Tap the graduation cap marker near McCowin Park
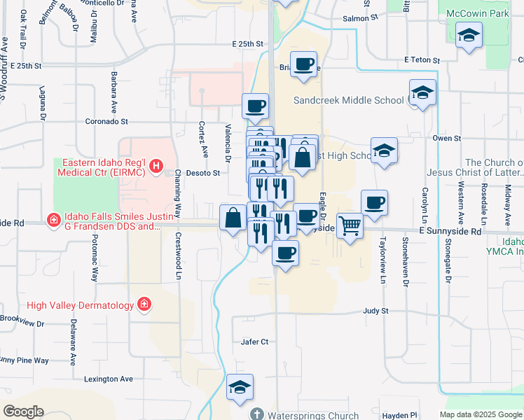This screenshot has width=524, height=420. point(469,35)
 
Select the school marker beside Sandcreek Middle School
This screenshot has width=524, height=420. point(422,92)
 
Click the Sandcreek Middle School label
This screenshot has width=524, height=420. point(348,100)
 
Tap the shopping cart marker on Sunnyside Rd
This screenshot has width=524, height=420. point(350,226)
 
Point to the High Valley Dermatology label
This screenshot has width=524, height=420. point(80,305)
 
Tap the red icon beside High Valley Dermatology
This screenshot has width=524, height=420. point(144,304)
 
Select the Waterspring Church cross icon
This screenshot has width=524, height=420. point(257,414)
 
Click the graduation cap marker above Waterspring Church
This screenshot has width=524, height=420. point(240,387)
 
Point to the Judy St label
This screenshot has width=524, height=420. point(375,310)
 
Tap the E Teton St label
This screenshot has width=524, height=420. point(420,60)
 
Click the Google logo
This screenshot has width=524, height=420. point(22,412)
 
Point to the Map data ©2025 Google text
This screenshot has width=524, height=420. point(480,414)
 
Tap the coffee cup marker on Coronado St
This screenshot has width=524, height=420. point(255,106)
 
